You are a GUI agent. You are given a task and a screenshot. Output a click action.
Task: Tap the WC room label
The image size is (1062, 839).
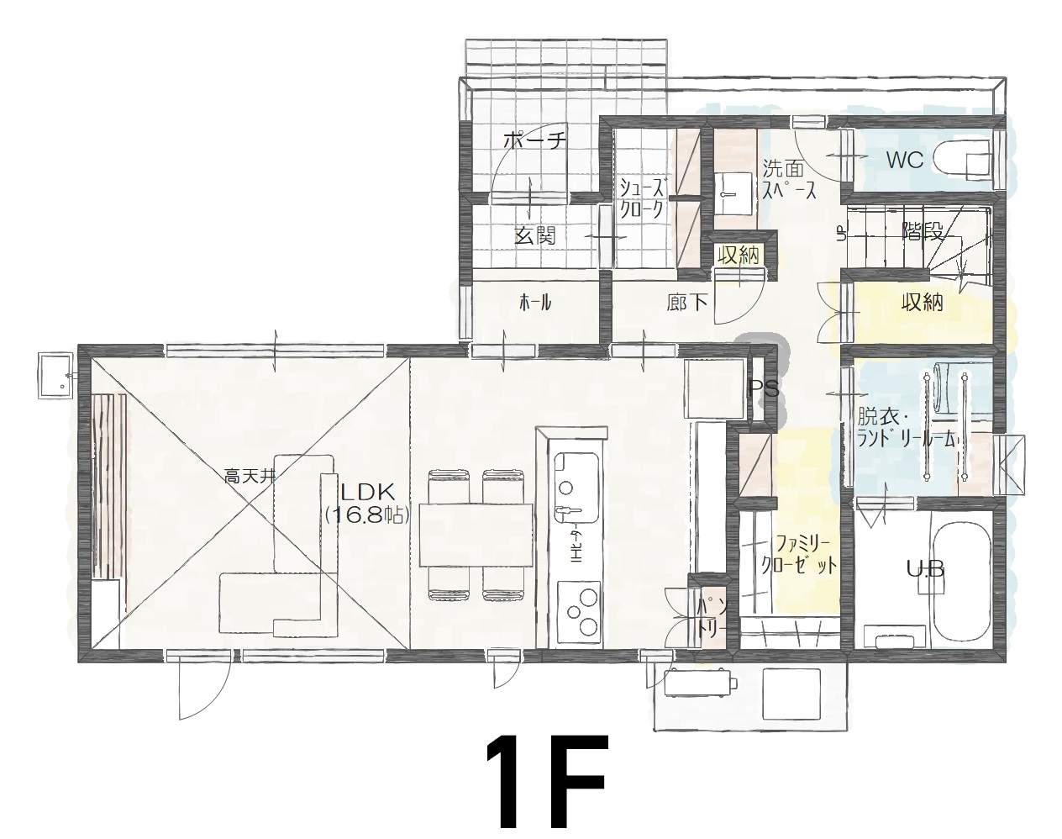click(905, 160)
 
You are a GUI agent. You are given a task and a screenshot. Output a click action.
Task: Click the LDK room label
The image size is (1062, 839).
click(367, 493)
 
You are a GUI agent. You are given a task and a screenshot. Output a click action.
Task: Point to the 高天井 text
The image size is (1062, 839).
click(250, 477)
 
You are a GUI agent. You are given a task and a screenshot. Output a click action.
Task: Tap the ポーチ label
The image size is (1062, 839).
click(534, 142)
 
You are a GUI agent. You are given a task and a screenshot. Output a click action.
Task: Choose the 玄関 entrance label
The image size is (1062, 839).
click(535, 235)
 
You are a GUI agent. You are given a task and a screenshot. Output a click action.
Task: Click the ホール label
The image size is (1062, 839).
click(535, 302)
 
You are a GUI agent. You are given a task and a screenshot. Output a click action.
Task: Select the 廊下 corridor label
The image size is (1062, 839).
click(687, 303)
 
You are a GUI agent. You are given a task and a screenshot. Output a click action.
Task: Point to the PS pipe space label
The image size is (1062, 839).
click(764, 389)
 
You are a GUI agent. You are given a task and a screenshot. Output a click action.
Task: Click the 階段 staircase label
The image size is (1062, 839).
click(923, 231)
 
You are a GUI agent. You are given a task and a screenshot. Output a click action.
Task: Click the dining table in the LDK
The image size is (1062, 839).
click(476, 535)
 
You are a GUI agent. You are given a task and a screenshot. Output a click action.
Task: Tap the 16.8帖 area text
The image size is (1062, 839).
click(368, 515)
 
